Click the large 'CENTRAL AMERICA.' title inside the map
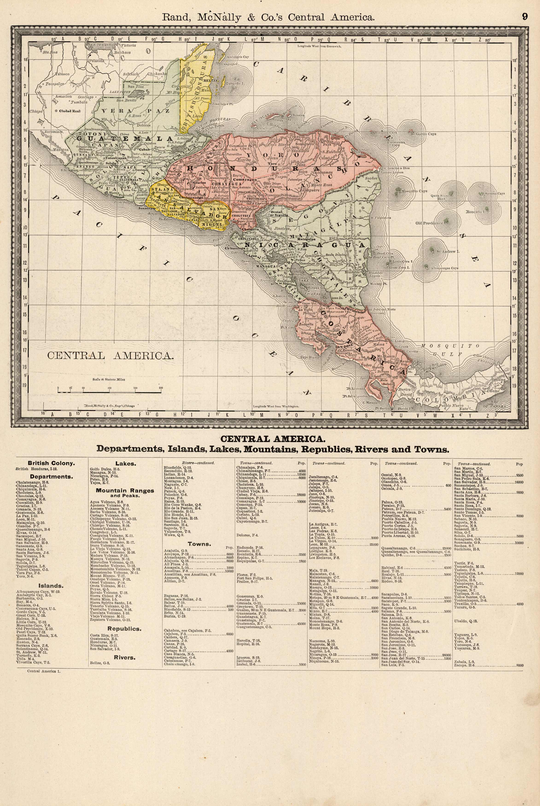tap(111, 356)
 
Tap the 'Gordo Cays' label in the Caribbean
tap(426, 134)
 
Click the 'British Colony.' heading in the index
tap(51, 463)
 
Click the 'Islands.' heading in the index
tap(51, 586)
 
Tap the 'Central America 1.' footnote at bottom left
tap(44, 671)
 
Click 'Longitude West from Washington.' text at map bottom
tap(276, 406)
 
